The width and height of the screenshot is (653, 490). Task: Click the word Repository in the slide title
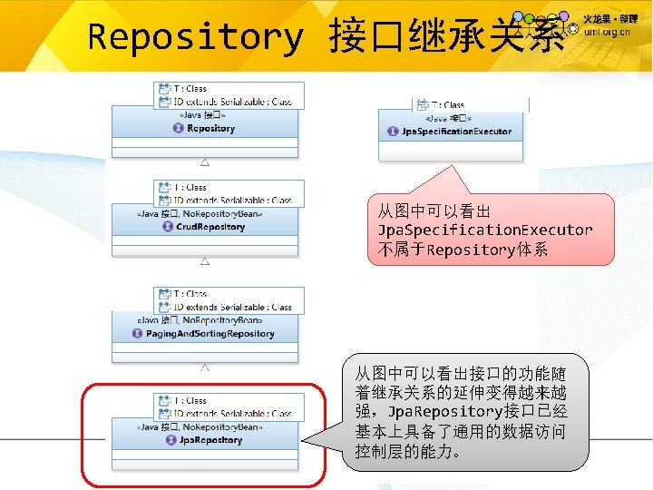(195, 37)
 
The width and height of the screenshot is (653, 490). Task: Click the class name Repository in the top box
(211, 129)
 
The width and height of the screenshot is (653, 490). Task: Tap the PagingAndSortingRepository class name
(210, 334)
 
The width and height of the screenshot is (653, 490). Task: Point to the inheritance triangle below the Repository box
(205, 162)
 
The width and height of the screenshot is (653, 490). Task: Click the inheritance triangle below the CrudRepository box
(205, 261)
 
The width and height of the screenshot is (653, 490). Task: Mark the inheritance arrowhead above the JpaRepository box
(205, 367)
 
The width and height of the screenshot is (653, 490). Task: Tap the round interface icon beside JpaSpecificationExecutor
(393, 132)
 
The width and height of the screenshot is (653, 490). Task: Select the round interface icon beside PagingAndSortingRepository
(139, 334)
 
